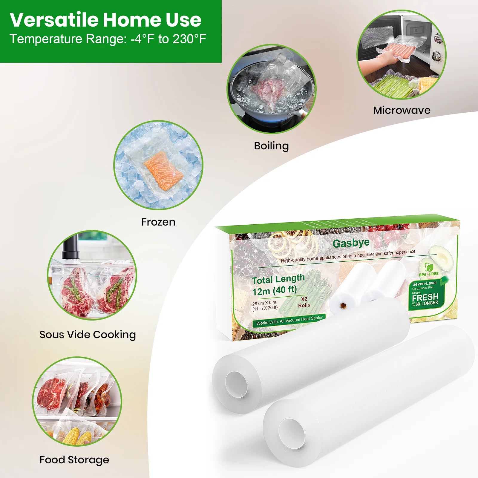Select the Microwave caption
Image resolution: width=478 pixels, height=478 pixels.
(x=402, y=110)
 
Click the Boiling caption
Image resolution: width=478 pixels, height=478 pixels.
(x=271, y=146)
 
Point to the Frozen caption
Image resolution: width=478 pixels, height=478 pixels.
(x=158, y=222)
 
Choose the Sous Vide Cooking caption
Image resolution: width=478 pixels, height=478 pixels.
(x=88, y=335)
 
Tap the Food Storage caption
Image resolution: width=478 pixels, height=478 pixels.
(x=74, y=460)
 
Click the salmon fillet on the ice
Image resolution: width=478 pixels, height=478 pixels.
(x=163, y=171)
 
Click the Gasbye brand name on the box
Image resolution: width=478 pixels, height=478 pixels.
(x=351, y=243)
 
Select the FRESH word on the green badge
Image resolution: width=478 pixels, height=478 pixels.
(x=425, y=297)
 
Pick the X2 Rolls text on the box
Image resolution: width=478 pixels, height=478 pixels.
(x=304, y=302)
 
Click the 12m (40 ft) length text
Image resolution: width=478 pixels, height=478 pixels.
(x=274, y=290)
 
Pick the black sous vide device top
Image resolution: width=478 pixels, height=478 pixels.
(x=71, y=248)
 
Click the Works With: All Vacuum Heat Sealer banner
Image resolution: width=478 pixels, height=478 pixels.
(x=289, y=321)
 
